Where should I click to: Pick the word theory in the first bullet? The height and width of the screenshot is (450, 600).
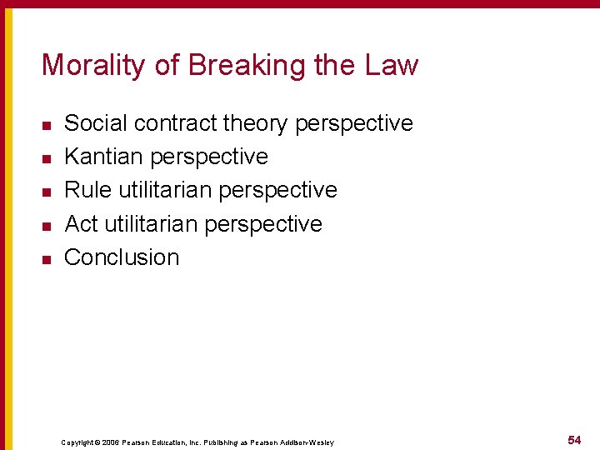tap(256, 123)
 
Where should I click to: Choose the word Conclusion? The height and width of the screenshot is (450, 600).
tap(122, 257)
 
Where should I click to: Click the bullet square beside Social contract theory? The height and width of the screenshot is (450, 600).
tap(47, 125)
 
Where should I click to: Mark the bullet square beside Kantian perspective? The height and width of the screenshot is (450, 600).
tap(47, 158)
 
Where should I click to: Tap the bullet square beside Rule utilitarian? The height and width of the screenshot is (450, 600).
tap(47, 192)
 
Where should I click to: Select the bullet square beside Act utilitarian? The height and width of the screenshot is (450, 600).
tap(47, 225)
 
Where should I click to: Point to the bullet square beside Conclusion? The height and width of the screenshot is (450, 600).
tap(47, 258)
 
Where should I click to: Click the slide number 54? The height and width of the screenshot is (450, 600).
tap(574, 439)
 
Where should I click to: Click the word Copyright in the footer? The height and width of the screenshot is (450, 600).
tap(80, 442)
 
